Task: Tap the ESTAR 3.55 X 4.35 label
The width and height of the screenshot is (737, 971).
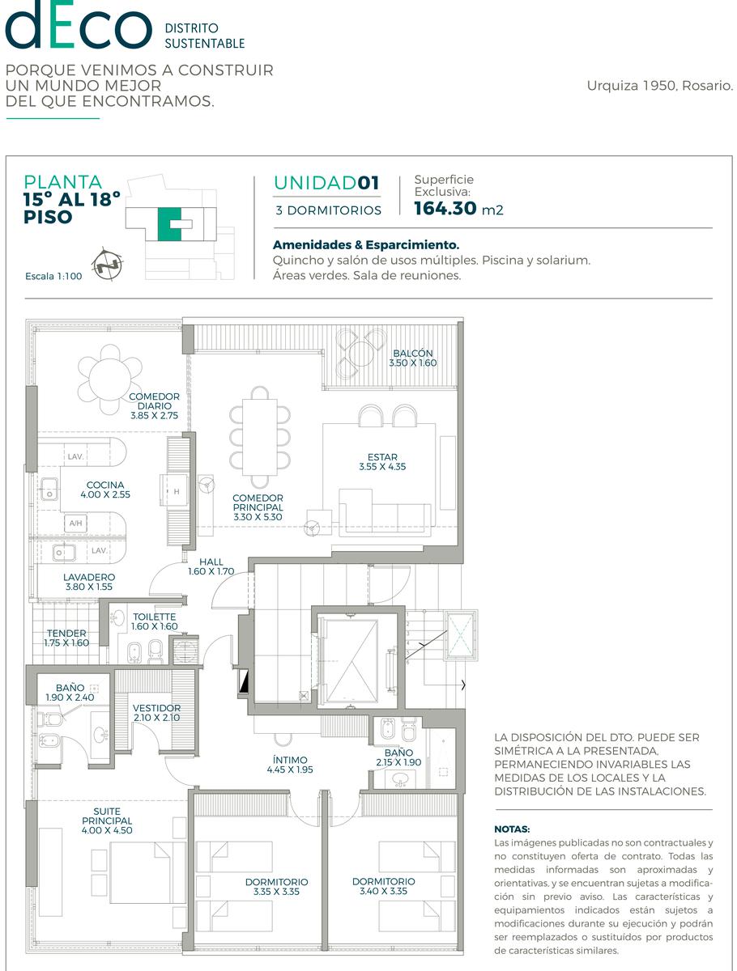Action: coord(382,461)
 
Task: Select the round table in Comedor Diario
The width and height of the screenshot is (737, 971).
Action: coord(110,379)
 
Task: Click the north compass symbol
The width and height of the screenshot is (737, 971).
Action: coord(107,264)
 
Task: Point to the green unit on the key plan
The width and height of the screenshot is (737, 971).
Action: coord(169,224)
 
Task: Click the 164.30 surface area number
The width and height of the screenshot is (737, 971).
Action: coord(445,208)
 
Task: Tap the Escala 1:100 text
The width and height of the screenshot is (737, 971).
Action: coord(53,276)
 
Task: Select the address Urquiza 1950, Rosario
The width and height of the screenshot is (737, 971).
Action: coord(659,86)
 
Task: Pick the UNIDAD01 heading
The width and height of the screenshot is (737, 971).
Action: coord(326,183)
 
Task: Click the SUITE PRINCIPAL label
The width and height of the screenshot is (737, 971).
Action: coord(107,820)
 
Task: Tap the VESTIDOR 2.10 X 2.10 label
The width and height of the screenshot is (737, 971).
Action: coord(156,713)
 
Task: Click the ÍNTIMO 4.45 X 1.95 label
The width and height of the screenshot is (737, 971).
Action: coord(290,765)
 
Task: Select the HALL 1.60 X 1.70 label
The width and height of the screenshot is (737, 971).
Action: coord(211,566)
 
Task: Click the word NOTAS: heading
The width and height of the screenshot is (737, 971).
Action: coord(512,829)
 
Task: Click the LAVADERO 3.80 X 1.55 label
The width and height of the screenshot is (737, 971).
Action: coord(89,582)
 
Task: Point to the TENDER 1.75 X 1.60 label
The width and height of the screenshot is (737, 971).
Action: coord(66,638)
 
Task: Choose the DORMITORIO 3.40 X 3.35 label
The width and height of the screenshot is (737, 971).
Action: coord(383,886)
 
